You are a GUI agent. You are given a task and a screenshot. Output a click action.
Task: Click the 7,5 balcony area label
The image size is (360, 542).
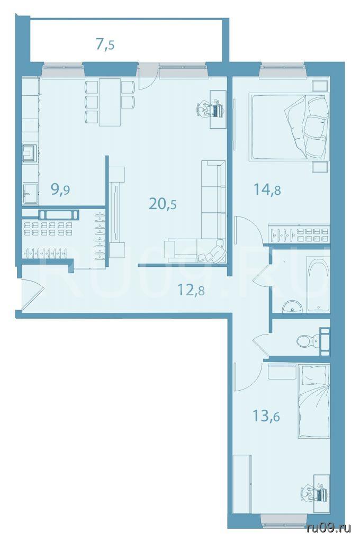[105, 44]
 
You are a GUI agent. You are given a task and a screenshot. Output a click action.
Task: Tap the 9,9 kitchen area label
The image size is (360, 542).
[60, 189]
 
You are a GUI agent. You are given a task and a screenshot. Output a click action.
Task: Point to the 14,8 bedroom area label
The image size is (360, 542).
[267, 189]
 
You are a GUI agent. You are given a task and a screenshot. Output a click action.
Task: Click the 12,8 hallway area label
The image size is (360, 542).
[191, 290]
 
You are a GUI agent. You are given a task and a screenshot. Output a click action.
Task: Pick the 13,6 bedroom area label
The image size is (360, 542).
[266, 416]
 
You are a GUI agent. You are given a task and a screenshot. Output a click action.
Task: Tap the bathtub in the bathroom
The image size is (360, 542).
[318, 284]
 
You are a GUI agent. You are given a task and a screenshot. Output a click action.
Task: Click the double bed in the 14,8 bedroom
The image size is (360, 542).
[289, 127]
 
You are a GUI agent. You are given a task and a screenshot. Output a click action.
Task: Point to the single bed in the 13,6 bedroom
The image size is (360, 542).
[314, 401]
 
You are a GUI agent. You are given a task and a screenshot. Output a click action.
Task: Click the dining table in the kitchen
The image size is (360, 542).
[110, 103]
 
